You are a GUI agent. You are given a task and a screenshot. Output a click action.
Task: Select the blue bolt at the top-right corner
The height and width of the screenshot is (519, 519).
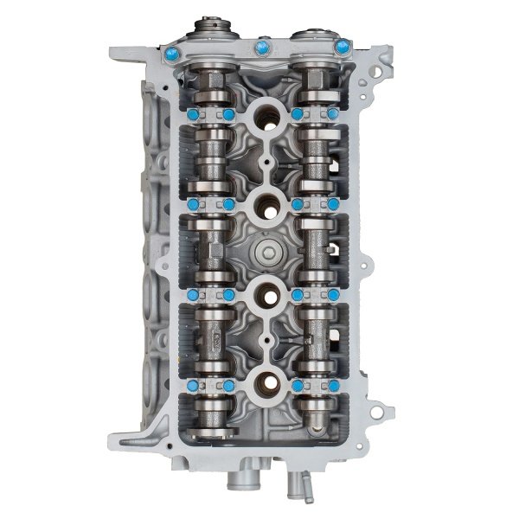click(345, 43)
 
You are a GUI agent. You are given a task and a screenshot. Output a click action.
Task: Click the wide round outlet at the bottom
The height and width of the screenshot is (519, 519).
click(244, 484)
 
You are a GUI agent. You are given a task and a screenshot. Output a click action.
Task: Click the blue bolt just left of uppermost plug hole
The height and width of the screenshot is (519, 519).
click(228, 114)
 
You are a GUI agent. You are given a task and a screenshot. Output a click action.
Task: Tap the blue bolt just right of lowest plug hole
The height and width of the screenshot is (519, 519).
click(297, 385)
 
